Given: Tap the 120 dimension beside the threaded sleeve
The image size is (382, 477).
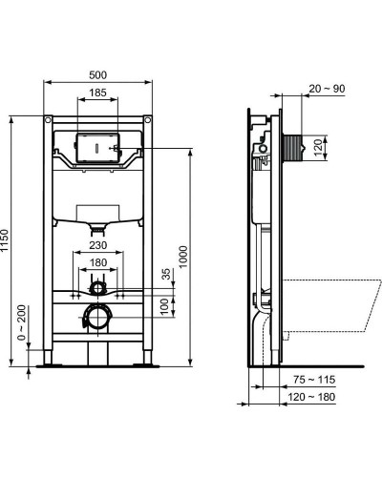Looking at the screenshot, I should point(320,148).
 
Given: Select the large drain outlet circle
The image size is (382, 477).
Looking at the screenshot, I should point(96,317).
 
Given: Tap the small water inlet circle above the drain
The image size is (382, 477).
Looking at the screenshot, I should point(96,286).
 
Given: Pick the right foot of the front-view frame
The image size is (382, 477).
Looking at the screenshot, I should point(147,361).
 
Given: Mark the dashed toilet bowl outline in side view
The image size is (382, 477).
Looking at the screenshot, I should point(329,305).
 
